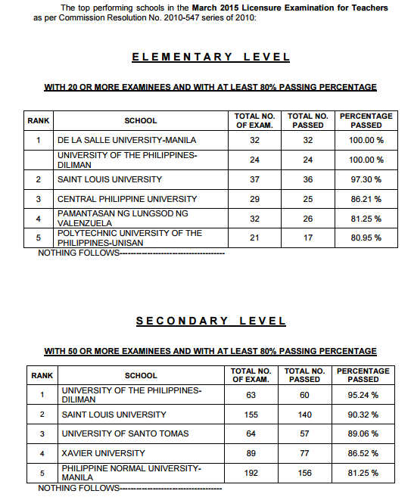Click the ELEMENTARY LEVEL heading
[210, 57]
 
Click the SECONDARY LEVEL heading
[210, 321]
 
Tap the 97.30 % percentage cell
[366, 179]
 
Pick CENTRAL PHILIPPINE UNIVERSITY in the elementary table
[127, 199]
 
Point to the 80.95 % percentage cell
[366, 238]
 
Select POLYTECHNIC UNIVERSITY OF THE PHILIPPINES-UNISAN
[130, 238]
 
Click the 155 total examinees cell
[251, 415]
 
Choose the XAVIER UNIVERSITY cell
[103, 453]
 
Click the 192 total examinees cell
[251, 473]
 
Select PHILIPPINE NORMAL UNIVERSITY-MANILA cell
[131, 473]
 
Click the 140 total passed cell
[304, 415]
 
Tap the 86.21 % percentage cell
[366, 199]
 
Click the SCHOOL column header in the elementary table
[141, 120]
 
